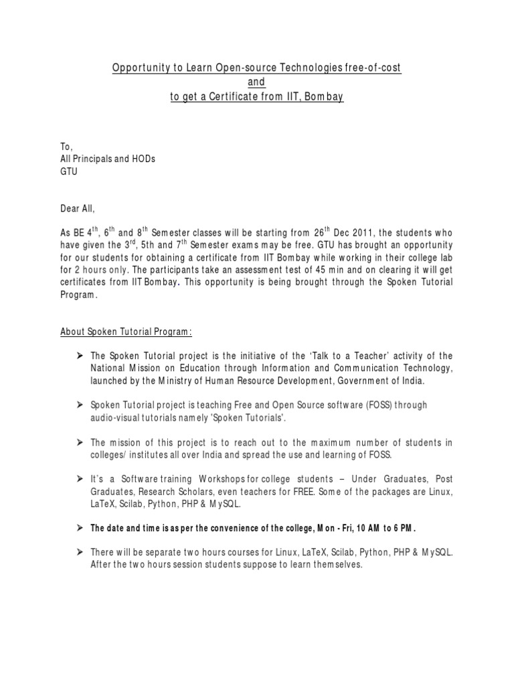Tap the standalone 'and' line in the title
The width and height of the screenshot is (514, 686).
coord(257,82)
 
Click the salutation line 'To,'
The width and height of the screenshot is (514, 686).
coord(66,146)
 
